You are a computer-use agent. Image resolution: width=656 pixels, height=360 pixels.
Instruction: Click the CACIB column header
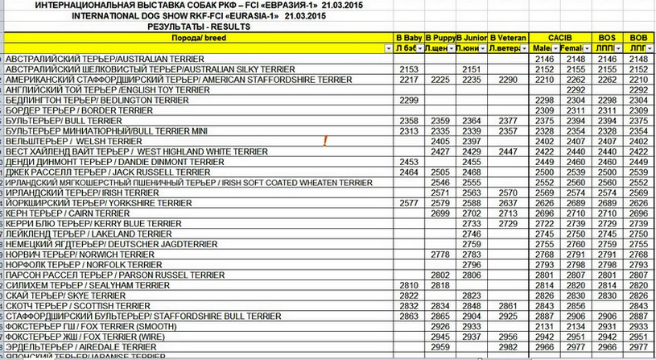pyautogui.click(x=559, y=38)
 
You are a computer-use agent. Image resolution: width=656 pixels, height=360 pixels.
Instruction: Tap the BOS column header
pyautogui.click(x=608, y=38)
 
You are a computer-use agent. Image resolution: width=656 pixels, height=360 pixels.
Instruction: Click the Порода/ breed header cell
pyautogui.click(x=197, y=38)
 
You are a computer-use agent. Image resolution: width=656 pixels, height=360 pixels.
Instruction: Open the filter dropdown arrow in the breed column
pyautogui.click(x=388, y=49)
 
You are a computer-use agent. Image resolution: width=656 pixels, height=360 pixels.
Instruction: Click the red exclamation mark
pyautogui.click(x=324, y=142)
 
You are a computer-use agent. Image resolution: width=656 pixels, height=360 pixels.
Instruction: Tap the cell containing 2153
pyautogui.click(x=409, y=69)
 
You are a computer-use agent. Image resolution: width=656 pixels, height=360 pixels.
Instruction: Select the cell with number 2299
pyautogui.click(x=409, y=100)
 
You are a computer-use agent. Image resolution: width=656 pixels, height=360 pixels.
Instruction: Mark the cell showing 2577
pyautogui.click(x=409, y=204)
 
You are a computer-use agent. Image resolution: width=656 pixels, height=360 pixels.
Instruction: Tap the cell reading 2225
pyautogui.click(x=439, y=80)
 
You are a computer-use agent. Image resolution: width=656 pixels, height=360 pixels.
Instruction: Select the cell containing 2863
pyautogui.click(x=409, y=317)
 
